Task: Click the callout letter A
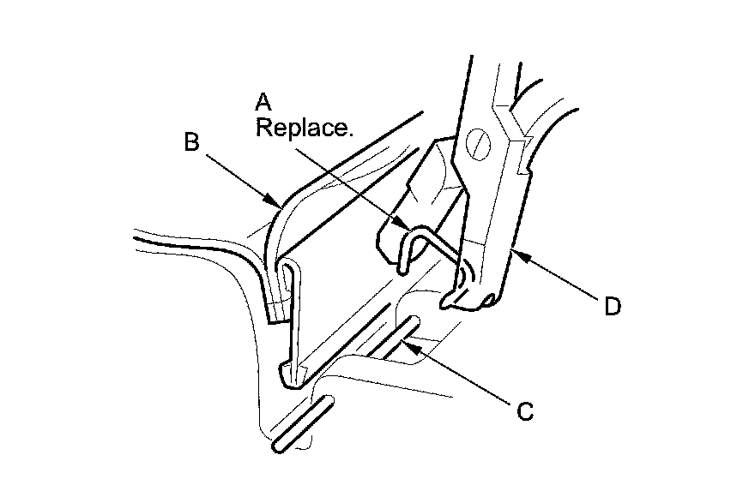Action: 263,103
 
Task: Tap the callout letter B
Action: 193,142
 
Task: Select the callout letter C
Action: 525,411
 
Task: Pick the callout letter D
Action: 612,306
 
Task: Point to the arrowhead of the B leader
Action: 276,207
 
